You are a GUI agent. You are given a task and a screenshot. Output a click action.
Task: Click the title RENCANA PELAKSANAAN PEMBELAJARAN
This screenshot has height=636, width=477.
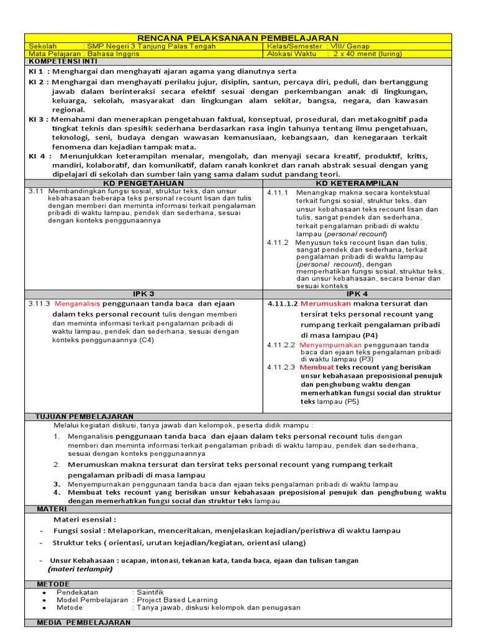point(238,38)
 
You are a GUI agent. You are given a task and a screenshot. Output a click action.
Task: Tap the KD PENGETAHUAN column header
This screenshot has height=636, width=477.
point(144,183)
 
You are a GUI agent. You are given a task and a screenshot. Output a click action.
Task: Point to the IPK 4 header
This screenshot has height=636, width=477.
point(357,293)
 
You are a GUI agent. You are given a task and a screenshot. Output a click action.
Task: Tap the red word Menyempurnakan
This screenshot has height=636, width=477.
point(330,345)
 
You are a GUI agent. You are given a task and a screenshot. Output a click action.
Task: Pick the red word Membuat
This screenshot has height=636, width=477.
point(316,367)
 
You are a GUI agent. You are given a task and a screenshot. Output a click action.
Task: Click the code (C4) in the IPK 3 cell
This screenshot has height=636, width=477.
point(147,340)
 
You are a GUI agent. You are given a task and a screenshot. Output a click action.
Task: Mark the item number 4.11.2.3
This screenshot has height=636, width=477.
point(281,367)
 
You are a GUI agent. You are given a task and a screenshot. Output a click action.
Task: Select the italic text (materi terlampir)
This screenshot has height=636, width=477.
point(78,569)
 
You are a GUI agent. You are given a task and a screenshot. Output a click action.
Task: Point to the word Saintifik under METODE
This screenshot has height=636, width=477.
point(150,593)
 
